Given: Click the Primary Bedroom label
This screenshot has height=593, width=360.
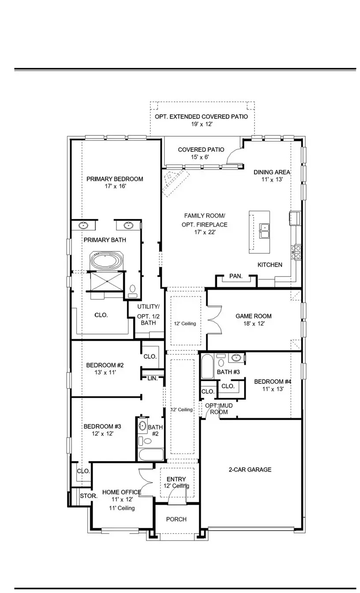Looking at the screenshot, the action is click(115, 179).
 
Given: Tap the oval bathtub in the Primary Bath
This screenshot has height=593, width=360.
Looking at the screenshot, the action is click(106, 261).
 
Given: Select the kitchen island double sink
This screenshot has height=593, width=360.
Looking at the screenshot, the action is click(264, 231).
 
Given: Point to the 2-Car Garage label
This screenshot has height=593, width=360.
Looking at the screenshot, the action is click(250, 469).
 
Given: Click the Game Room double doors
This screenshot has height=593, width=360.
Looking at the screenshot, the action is click(214, 320).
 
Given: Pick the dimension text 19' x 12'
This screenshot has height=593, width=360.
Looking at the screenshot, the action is click(202, 124).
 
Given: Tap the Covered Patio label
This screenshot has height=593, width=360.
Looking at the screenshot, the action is click(201, 150).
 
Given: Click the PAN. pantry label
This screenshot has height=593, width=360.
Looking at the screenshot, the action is click(236, 276).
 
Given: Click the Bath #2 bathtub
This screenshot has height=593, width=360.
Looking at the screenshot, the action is click(151, 454).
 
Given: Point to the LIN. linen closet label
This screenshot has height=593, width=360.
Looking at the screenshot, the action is click(153, 378).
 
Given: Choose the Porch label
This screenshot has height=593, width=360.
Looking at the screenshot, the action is click(176, 519).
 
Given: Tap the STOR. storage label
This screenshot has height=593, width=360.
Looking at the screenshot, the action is click(89, 496).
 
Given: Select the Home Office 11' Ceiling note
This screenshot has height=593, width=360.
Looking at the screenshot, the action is click(122, 508).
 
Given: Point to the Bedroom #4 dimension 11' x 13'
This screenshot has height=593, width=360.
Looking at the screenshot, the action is click(273, 389).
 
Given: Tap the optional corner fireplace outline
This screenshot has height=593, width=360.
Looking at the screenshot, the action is click(176, 183).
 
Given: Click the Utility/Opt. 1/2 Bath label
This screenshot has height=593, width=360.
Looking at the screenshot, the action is click(148, 315).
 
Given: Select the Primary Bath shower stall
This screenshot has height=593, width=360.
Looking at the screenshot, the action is click(107, 281).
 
